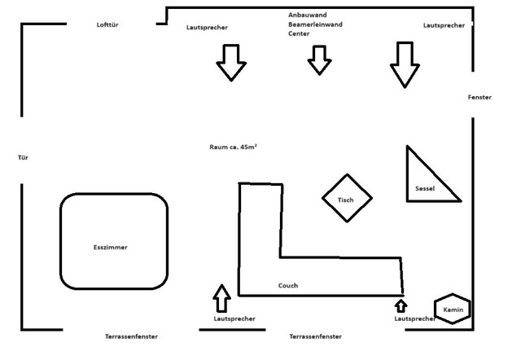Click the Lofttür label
point(109,25)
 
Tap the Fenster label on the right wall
point(479,97)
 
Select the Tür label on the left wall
point(23,156)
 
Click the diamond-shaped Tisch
point(346,198)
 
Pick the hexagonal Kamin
point(453,310)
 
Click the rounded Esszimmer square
point(114,242)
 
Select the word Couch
point(287,286)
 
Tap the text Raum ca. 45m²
point(234,147)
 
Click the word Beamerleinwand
point(315,24)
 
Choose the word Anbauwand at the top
point(307,15)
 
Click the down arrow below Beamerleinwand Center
point(319,59)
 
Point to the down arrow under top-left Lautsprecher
point(231,62)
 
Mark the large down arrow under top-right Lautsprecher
point(402,64)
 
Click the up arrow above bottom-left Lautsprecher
point(221,297)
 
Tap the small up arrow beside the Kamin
point(401,305)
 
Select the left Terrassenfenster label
point(131,336)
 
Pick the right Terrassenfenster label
point(315,336)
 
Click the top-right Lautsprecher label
point(444,25)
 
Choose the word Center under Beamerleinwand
point(299,34)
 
